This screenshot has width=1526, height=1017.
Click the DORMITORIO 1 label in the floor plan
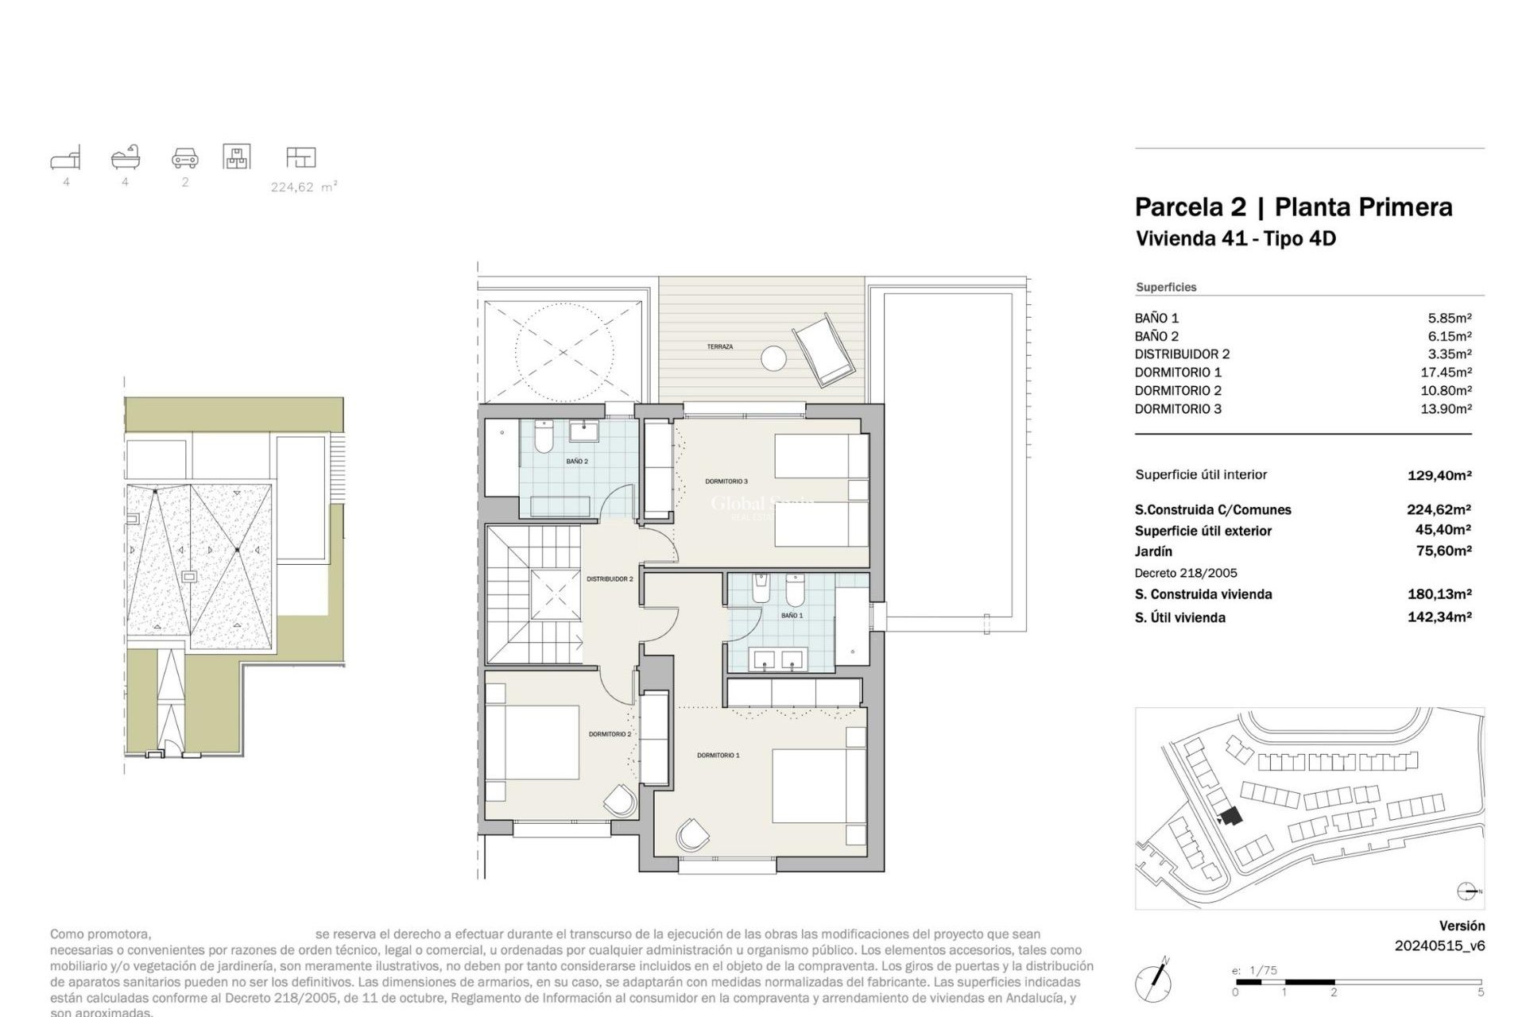coord(718,756)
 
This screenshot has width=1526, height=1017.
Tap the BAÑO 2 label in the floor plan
coord(577,462)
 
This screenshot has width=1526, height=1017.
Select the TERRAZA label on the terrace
coord(720,347)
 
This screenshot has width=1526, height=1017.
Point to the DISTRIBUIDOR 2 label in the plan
coord(610,579)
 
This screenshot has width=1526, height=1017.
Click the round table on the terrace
coord(773,358)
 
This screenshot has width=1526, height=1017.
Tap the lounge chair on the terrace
coord(824,351)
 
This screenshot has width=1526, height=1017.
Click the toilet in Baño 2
coord(544,438)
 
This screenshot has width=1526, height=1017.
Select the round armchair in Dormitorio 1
coord(692,835)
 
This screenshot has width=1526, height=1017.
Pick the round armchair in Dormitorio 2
coord(621,800)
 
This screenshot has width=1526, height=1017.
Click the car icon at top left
coord(185,157)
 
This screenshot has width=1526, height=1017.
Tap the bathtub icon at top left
coord(126,157)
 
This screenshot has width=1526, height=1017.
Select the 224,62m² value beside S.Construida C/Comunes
coord(1439,510)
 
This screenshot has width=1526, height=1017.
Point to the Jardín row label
coord(1153,551)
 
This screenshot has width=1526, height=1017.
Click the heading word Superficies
coord(1166,288)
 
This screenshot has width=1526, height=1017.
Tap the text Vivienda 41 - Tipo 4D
coord(1235,239)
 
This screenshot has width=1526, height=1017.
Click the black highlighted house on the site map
coord(1231,816)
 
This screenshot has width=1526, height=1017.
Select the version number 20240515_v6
coord(1439,946)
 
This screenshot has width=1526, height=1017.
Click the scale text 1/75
coord(1263,970)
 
